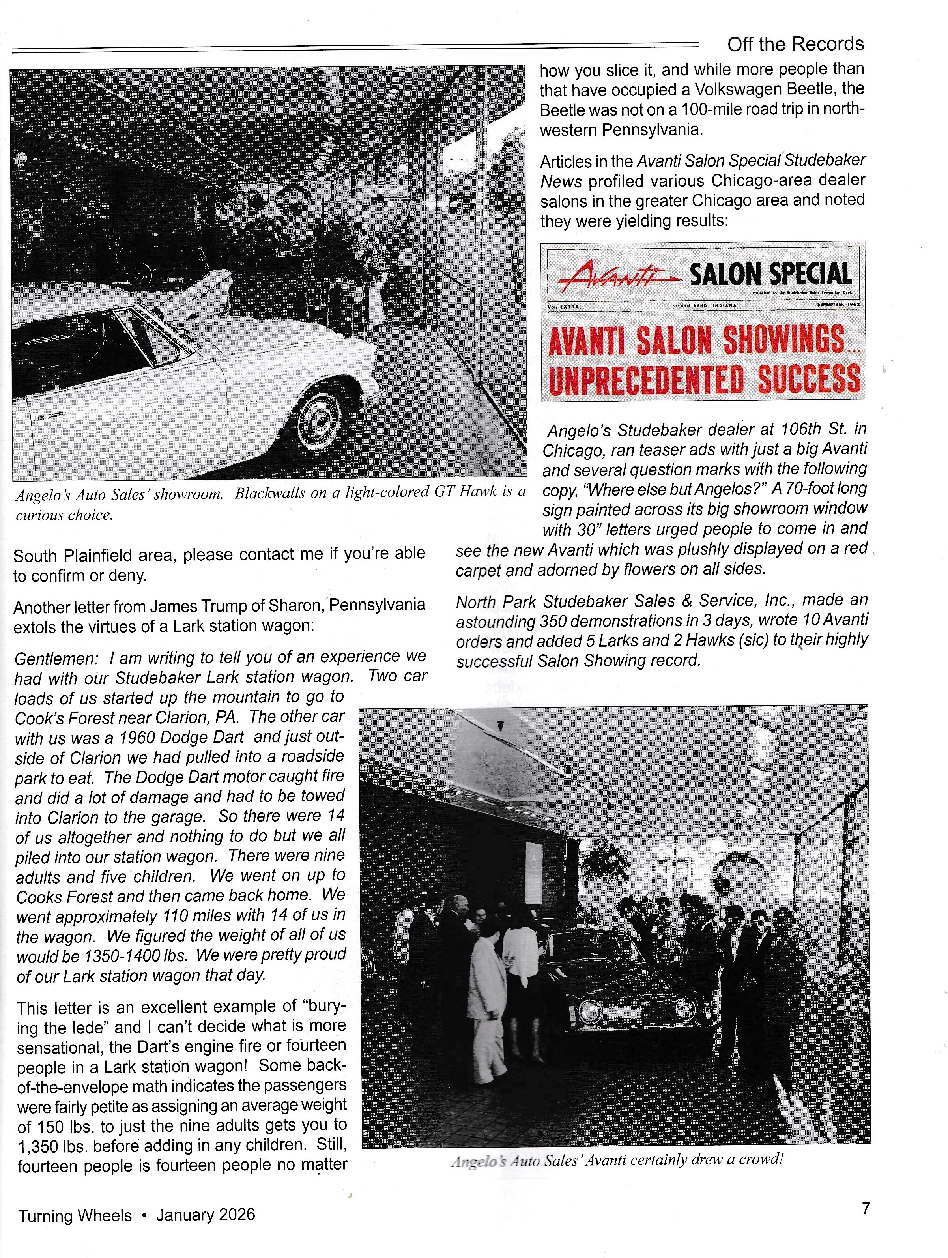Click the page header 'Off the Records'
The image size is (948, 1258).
click(795, 44)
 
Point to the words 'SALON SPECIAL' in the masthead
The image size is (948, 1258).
click(770, 274)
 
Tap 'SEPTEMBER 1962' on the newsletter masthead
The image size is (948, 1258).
click(838, 305)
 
